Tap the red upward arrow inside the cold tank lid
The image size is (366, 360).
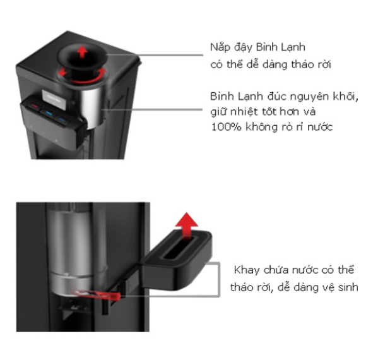[82, 52]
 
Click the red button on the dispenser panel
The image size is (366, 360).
[35, 106]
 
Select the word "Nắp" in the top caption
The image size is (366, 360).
[220, 47]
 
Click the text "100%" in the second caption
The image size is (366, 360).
[226, 127]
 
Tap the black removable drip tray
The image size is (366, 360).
[177, 260]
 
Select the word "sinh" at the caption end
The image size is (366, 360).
[348, 287]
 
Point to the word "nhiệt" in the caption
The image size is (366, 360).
[244, 112]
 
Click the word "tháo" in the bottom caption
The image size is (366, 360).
[241, 287]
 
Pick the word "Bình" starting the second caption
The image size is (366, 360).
[223, 96]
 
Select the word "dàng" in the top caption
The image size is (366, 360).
[274, 64]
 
